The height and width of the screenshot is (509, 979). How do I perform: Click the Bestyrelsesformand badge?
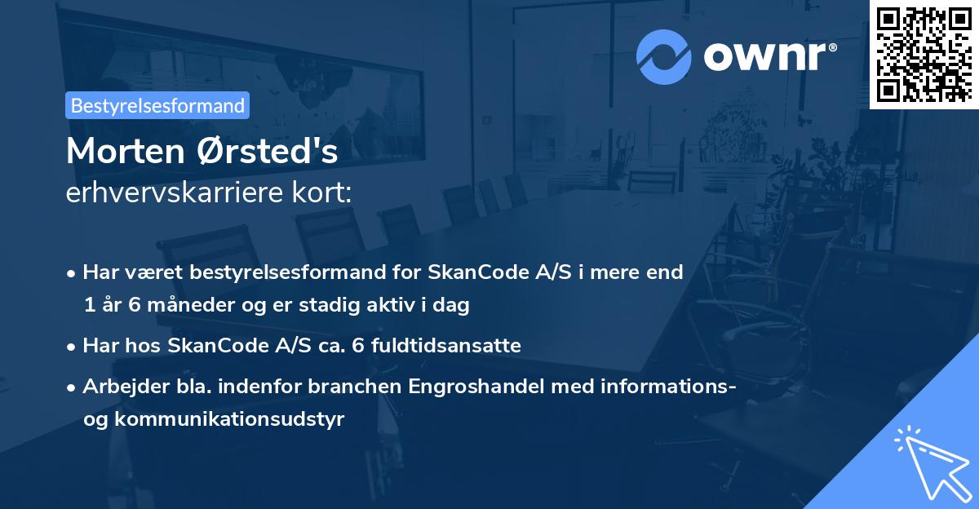157,105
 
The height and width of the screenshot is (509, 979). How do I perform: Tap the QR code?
924,54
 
